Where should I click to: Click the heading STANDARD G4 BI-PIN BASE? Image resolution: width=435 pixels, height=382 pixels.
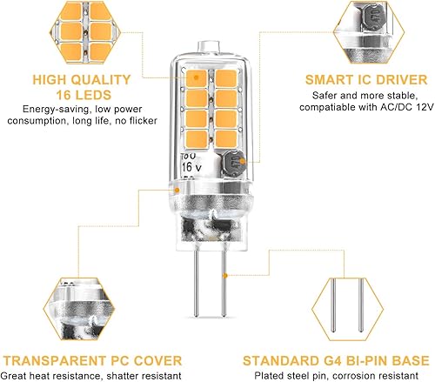pos(337,360)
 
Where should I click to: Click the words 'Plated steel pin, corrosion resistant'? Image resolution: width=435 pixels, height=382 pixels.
pos(337,376)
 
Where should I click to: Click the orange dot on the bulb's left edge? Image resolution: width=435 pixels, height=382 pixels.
pos(177,187)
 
